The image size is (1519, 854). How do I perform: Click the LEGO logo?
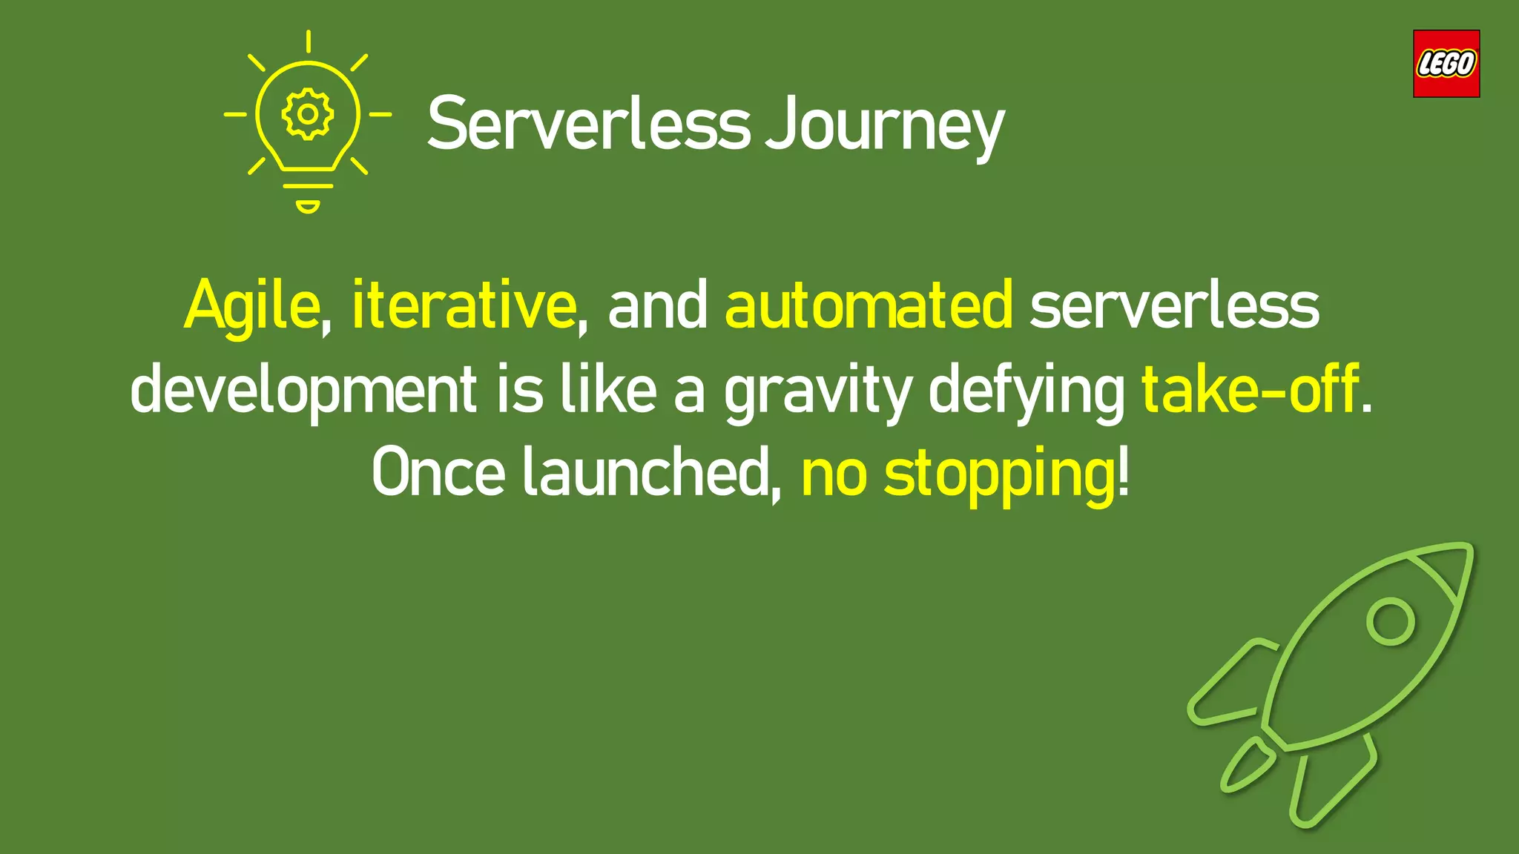point(1446,64)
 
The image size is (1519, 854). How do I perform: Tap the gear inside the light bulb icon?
point(308,114)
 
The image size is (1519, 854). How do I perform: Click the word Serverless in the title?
point(589,124)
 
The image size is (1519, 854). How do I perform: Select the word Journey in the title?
point(884,126)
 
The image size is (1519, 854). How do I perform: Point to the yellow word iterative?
point(464,305)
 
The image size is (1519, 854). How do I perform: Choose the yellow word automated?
point(869,305)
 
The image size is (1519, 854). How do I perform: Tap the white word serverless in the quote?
point(1174,306)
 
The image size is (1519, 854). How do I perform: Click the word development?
point(303,391)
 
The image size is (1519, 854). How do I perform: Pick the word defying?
point(1027,392)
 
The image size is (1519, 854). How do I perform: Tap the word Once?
point(438,473)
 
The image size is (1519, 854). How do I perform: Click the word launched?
point(648,473)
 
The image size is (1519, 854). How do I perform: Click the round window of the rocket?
point(1390,621)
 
